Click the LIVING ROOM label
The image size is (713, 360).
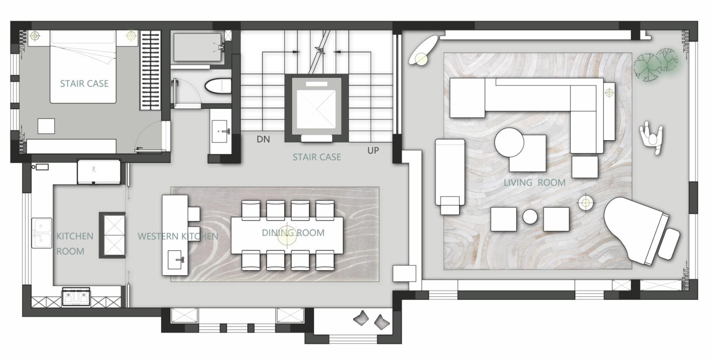click(x=534, y=183)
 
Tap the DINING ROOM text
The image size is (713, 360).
click(x=293, y=233)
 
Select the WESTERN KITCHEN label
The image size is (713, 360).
click(x=178, y=236)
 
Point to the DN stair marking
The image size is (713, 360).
click(x=263, y=139)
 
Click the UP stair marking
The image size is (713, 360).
click(x=373, y=150)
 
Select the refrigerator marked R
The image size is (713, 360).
click(x=99, y=171)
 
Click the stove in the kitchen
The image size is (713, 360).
click(x=76, y=296)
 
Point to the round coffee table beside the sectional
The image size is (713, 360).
click(x=509, y=143)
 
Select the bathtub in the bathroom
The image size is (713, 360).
click(x=197, y=47)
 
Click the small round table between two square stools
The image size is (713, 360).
click(x=530, y=217)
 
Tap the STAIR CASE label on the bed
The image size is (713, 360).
click(x=84, y=84)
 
